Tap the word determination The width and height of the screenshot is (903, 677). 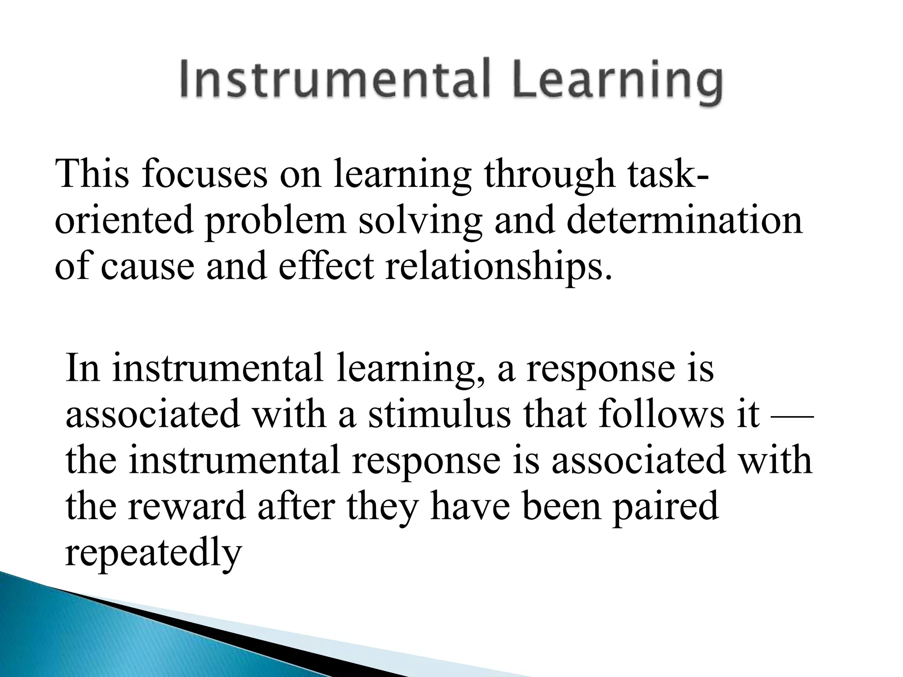684,219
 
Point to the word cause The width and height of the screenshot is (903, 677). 147,267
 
